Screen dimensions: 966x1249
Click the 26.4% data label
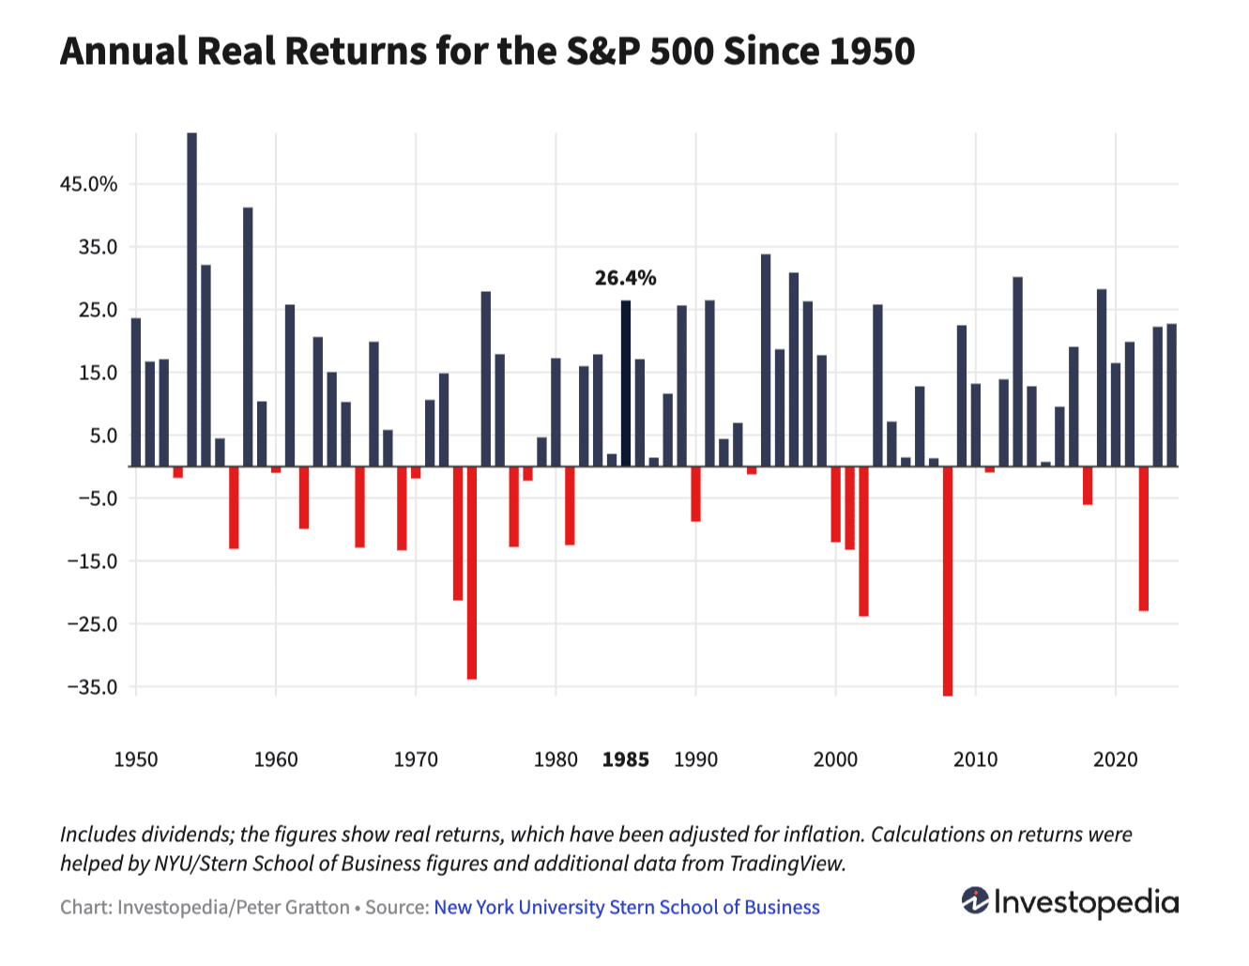(x=625, y=278)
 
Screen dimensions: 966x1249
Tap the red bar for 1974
(x=471, y=572)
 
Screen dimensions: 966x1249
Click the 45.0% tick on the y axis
(x=89, y=184)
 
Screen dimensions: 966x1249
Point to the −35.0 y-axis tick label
(x=92, y=687)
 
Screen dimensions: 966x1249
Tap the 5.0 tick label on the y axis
(x=103, y=436)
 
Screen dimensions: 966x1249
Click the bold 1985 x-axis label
(x=625, y=759)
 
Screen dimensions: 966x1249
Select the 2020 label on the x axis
(x=1115, y=759)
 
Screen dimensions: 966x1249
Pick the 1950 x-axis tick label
(x=136, y=759)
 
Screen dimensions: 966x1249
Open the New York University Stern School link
(x=627, y=908)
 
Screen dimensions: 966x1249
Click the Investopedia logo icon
(x=975, y=901)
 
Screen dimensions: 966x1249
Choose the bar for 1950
(x=136, y=391)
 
